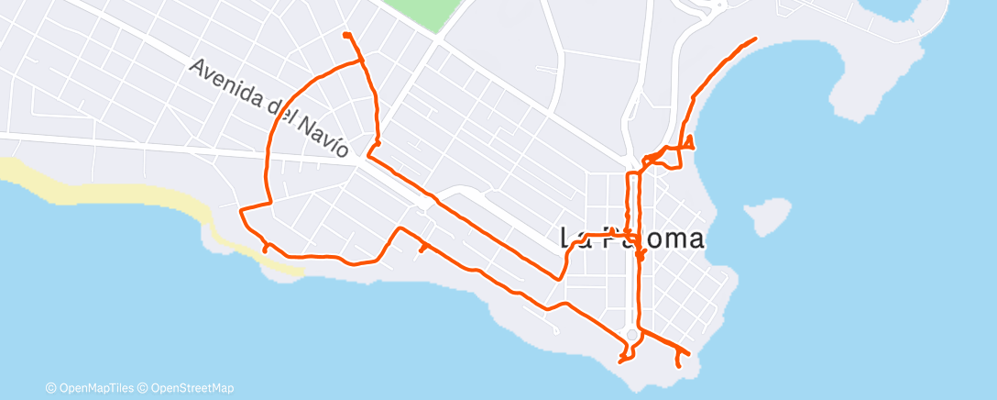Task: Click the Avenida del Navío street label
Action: pyautogui.click(x=269, y=108)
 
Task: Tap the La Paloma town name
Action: pyautogui.click(x=632, y=239)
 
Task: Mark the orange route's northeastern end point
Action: pyautogui.click(x=755, y=39)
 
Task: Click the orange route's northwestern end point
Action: pyautogui.click(x=345, y=34)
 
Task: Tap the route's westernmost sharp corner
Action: pyautogui.click(x=241, y=211)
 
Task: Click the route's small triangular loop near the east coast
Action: pyautogui.click(x=686, y=143)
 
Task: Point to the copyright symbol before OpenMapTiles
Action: pyautogui.click(x=51, y=388)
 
